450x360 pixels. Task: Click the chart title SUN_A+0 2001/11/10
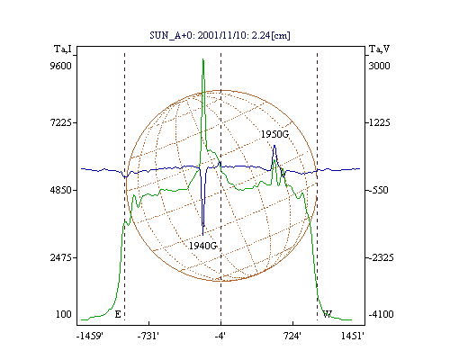(220, 36)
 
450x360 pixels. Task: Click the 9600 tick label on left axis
(61, 66)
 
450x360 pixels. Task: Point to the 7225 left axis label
(61, 122)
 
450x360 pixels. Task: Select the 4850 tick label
(61, 190)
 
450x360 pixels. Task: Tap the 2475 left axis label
(61, 257)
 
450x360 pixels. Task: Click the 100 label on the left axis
(64, 314)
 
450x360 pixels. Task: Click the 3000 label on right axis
(379, 66)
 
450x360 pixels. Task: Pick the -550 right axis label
(378, 190)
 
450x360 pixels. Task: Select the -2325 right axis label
(381, 257)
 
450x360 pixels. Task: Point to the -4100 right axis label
(381, 314)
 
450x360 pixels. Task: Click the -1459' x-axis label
(90, 337)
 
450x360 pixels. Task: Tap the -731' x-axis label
(148, 337)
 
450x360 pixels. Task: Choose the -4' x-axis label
(220, 337)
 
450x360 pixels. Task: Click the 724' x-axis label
(292, 337)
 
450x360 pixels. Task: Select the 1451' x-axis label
(353, 337)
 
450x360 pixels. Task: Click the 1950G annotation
(274, 134)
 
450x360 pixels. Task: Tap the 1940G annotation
(202, 246)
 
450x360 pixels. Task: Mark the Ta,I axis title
(63, 49)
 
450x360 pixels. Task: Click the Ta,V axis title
(379, 49)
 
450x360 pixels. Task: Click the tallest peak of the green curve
(203, 59)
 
